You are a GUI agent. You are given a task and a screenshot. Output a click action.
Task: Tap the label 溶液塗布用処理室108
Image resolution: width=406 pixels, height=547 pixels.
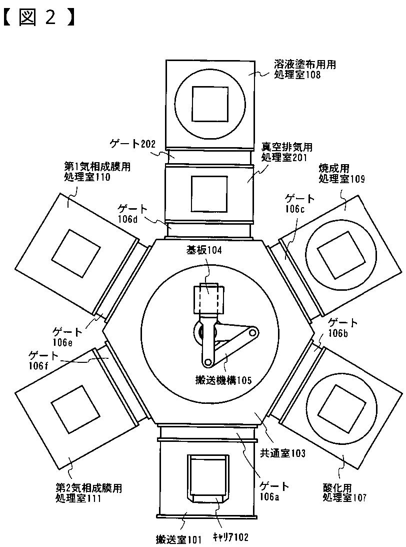click(x=304, y=70)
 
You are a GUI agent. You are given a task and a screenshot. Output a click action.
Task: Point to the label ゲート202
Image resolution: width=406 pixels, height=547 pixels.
click(x=130, y=144)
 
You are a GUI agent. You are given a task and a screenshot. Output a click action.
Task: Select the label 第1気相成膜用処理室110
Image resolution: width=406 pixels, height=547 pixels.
click(x=93, y=171)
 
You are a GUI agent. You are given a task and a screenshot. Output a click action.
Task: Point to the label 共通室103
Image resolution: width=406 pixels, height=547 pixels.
click(x=282, y=453)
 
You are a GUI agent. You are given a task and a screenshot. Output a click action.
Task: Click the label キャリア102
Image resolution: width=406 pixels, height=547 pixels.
click(x=230, y=537)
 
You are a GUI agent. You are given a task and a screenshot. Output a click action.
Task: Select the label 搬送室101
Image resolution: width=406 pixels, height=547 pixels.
click(x=178, y=539)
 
